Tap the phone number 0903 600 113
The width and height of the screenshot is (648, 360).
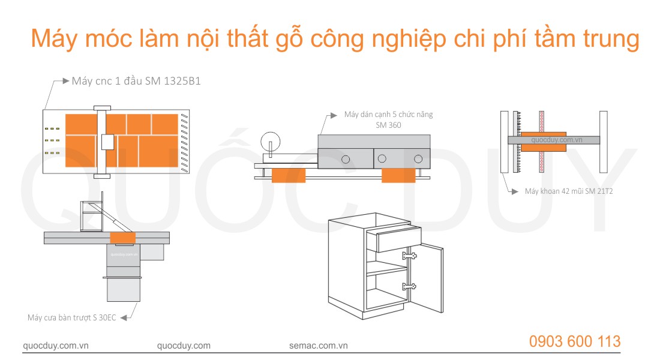click(x=575, y=341)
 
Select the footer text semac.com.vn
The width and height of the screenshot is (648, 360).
click(x=319, y=346)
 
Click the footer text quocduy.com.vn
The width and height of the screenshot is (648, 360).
click(x=55, y=346)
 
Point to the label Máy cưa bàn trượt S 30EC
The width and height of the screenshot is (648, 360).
click(x=72, y=317)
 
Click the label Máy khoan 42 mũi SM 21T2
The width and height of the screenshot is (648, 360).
click(x=569, y=192)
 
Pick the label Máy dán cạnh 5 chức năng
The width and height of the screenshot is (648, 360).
click(x=388, y=114)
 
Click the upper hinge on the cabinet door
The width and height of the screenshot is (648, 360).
click(x=410, y=256)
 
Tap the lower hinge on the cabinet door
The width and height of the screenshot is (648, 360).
click(x=410, y=286)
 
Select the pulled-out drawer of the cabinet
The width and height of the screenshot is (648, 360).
click(x=394, y=239)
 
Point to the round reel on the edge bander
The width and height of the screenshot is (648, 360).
click(x=271, y=142)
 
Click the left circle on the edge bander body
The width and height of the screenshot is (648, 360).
click(x=346, y=160)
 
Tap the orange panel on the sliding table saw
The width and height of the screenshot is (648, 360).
click(x=122, y=237)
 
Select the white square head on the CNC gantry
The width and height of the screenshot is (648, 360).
click(x=107, y=142)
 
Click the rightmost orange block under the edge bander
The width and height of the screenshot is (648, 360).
click(x=398, y=175)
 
